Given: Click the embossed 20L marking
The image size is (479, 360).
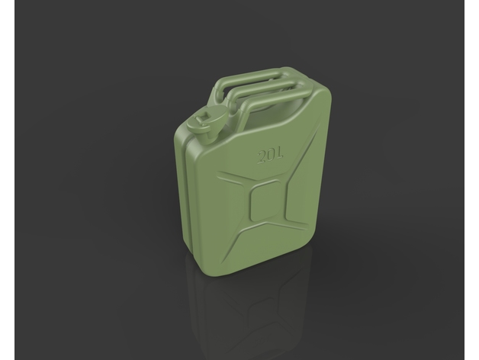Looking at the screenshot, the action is [270, 156].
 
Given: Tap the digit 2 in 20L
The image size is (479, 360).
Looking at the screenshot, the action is [262, 157].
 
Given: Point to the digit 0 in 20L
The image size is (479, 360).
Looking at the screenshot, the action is [272, 156].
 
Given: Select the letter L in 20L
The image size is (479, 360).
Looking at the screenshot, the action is [280, 154].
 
